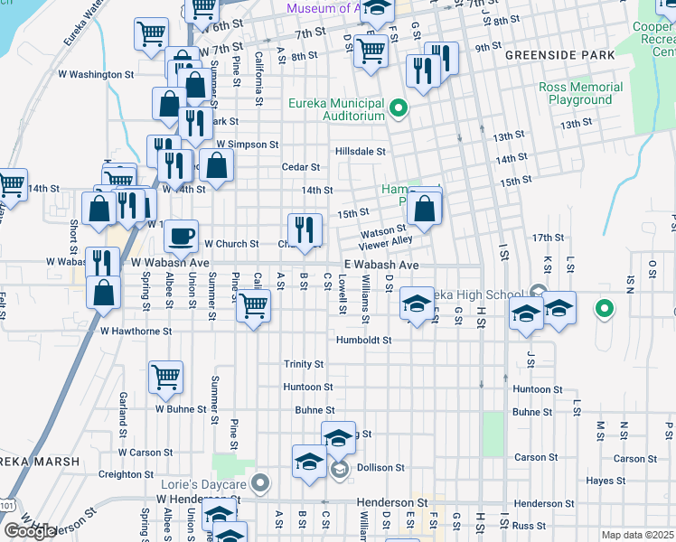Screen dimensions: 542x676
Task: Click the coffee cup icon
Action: click(181, 236)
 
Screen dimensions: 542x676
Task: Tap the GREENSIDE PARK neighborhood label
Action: click(559, 55)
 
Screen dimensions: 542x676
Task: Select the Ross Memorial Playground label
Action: click(580, 93)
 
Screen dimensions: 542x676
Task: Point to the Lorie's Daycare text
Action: click(203, 484)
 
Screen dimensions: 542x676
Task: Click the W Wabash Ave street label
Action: click(170, 263)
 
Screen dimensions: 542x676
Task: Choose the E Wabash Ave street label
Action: click(380, 265)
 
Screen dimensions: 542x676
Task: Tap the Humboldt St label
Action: click(362, 341)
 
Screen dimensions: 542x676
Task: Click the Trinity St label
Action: click(304, 364)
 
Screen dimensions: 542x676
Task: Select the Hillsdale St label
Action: click(361, 152)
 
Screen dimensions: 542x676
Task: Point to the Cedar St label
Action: click(301, 167)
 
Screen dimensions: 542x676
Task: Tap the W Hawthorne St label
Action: click(136, 332)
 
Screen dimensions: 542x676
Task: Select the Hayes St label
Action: click(599, 481)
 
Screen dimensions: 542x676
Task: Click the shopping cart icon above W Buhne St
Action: click(166, 377)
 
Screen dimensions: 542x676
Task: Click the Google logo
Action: click(29, 531)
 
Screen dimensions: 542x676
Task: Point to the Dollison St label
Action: click(380, 467)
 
